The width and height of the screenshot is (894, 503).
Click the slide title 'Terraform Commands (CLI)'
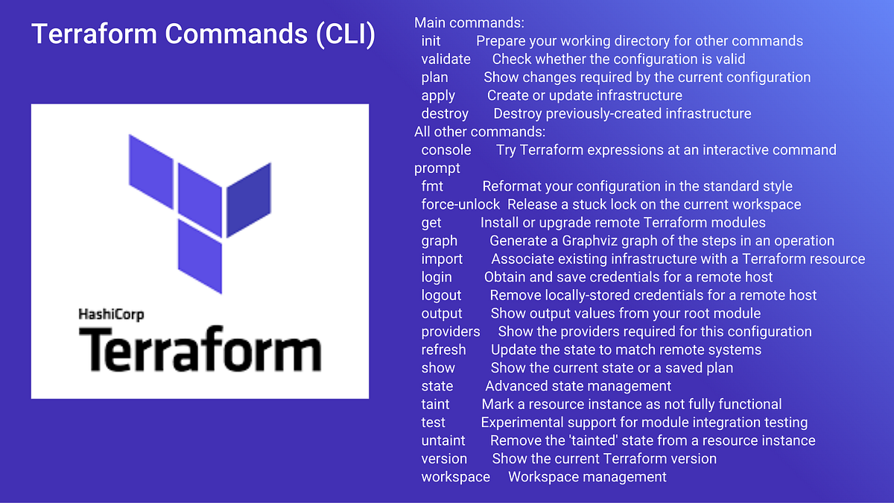[203, 35]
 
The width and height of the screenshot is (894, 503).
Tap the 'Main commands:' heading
[460, 23]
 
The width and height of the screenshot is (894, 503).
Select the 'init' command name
[431, 41]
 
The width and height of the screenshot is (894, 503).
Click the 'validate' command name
[446, 59]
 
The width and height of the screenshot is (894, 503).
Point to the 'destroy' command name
[445, 113]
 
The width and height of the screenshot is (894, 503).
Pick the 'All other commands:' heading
[480, 132]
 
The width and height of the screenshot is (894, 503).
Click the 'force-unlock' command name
[460, 204]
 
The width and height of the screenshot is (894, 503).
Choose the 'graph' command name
[440, 241]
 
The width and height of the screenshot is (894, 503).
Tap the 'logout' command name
[441, 295]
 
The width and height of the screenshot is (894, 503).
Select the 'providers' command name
[451, 332]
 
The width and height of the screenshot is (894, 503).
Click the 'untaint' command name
[443, 440]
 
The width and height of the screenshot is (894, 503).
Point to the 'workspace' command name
[455, 477]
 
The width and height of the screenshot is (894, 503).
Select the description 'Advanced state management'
[578, 386]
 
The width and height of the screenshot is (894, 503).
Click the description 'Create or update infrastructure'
[584, 95]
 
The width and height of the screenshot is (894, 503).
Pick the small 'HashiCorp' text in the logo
[111, 314]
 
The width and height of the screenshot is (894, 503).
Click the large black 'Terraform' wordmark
[200, 350]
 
